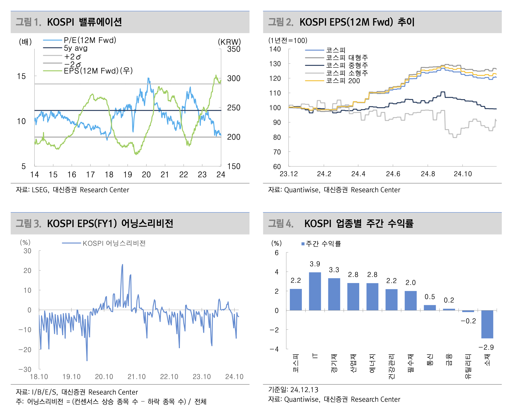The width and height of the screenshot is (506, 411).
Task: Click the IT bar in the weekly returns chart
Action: pos(315,291)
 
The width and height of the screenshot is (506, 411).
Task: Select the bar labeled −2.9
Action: pos(487,324)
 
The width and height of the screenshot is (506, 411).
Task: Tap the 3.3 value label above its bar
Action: pos(334,270)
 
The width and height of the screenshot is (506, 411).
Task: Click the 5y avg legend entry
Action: pos(76,48)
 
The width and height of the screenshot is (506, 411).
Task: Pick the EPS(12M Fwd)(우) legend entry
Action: pos(98,71)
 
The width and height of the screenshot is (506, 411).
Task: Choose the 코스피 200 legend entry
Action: pos(343,81)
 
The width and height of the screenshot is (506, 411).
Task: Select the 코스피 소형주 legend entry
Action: pos(347,73)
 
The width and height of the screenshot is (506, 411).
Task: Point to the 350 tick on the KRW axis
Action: pos(234,49)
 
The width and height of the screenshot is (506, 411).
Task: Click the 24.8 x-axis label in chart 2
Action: pos(428,174)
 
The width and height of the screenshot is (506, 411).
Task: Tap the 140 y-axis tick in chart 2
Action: pos(275,49)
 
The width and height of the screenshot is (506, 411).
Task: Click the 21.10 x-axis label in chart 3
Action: pos(136,377)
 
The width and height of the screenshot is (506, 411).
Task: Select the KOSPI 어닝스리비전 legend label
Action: pos(114,243)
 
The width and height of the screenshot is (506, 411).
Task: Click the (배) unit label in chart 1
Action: pos(25,42)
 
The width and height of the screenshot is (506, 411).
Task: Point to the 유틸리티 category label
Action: pos(468,366)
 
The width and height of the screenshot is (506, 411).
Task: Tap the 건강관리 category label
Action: pos(392,366)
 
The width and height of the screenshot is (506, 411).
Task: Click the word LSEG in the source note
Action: pos(40,190)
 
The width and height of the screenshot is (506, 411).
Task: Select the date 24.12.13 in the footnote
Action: pos(304,390)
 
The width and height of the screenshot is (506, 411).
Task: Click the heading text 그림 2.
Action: pos(280,22)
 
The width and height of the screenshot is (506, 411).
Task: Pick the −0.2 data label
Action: pos(468,321)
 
